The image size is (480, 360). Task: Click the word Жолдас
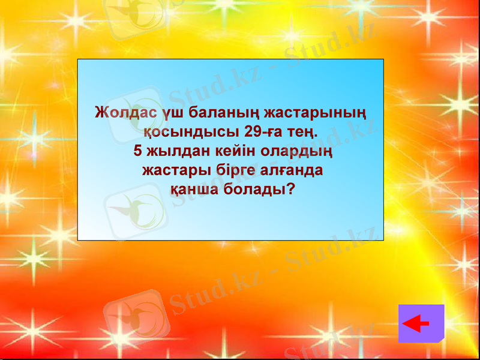pos(127,112)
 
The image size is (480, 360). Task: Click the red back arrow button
pos(421,323)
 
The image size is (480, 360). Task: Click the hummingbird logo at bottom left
pos(135,314)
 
